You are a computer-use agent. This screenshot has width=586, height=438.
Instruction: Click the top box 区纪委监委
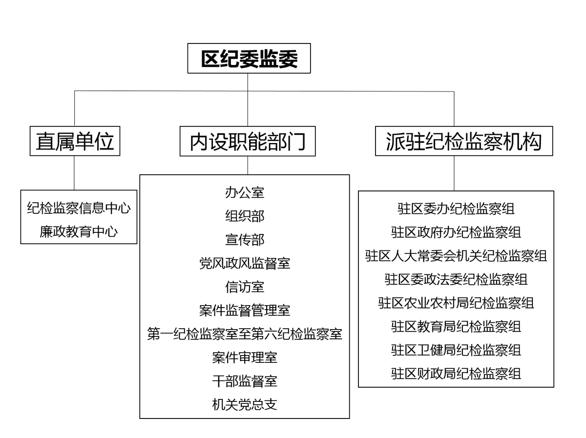tap(249, 58)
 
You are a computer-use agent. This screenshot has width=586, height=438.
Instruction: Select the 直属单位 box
tap(75, 141)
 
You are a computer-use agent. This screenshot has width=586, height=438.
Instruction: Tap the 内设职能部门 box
tap(248, 141)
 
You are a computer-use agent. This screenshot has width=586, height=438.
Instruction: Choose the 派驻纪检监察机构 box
tap(464, 141)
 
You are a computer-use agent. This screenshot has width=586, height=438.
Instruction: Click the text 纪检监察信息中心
tap(79, 208)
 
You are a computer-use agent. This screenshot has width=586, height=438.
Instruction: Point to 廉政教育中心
tap(79, 231)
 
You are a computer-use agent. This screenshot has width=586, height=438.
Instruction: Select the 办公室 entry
tap(245, 192)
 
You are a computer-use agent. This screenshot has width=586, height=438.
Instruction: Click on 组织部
tap(245, 216)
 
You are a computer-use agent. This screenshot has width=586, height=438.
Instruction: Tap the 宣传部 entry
tap(245, 239)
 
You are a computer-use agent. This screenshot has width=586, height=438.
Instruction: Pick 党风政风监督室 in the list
tap(245, 263)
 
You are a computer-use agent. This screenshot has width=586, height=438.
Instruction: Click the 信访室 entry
tap(245, 287)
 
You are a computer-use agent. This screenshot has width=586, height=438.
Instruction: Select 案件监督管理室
tap(245, 310)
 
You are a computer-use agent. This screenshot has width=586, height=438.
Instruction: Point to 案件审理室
tap(245, 357)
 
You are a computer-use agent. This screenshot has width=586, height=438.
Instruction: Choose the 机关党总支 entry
tap(245, 404)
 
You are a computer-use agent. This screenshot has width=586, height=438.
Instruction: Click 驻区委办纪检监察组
tap(456, 209)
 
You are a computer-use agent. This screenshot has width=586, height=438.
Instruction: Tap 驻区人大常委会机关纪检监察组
tap(456, 256)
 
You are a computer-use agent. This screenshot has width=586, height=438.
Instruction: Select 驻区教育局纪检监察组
tap(456, 327)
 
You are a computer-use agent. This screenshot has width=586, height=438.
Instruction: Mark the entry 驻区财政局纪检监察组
tap(456, 374)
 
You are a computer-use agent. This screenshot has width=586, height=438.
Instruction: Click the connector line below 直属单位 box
tap(74, 173)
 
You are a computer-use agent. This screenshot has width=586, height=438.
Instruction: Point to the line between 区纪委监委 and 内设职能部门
tap(248, 100)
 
